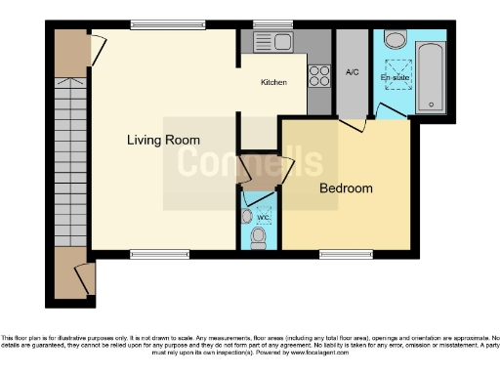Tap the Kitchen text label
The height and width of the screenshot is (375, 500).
coord(273,83)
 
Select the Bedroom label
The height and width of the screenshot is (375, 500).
coord(346,188)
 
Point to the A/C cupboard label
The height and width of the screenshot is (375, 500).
coord(353,72)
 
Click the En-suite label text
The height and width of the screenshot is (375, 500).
coord(395,76)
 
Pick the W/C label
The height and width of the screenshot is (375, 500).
coord(261,219)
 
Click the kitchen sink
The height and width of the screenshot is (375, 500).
coord(273,42)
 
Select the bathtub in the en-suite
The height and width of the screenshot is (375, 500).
coord(431,76)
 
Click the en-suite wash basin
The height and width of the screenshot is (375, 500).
coord(396,39)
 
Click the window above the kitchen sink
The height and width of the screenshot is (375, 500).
coord(266,24)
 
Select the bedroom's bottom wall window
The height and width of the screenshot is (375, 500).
coord(338,254)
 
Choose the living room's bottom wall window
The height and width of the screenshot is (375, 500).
coord(159,254)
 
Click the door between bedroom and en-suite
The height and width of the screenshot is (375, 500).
coord(358,124)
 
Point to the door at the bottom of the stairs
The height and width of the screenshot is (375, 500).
coord(85,278)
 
